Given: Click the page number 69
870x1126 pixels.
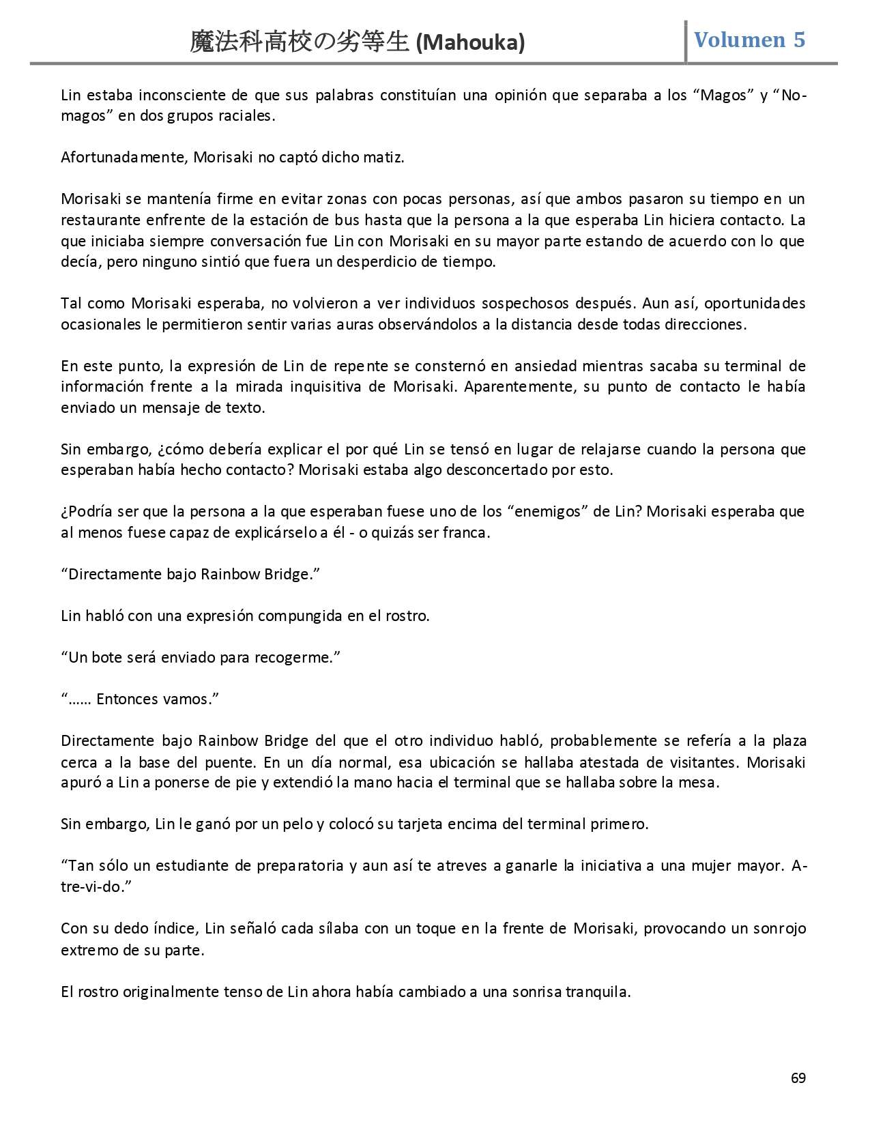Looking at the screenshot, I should click(x=798, y=1078).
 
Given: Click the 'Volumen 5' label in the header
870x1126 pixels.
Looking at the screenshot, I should click(x=749, y=40).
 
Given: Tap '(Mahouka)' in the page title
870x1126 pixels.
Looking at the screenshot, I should click(x=470, y=43).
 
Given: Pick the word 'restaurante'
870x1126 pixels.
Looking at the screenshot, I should click(x=98, y=220).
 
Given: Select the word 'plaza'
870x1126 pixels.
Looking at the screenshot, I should click(x=789, y=740).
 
